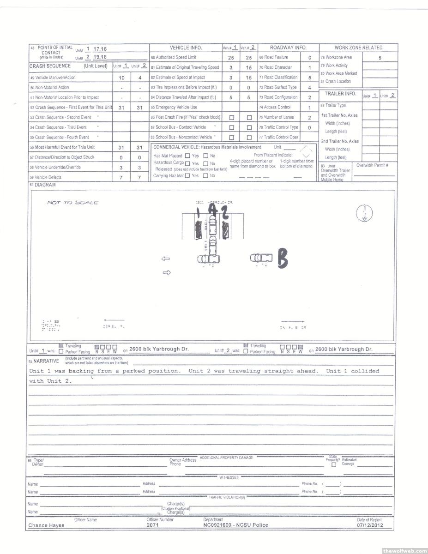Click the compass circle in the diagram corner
(x=365, y=213)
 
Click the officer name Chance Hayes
(x=47, y=525)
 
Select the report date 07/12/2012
(x=369, y=525)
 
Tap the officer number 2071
(x=153, y=525)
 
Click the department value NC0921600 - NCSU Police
(x=235, y=525)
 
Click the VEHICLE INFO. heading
(x=186, y=48)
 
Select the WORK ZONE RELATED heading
(x=358, y=48)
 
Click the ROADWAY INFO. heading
(x=288, y=48)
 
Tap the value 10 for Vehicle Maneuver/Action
(x=121, y=78)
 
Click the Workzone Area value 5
(x=380, y=58)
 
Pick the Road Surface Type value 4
(x=309, y=88)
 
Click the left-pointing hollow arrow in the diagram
(x=166, y=259)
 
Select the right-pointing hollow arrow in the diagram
(x=167, y=273)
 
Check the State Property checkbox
(x=334, y=465)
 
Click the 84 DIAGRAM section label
(x=42, y=185)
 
